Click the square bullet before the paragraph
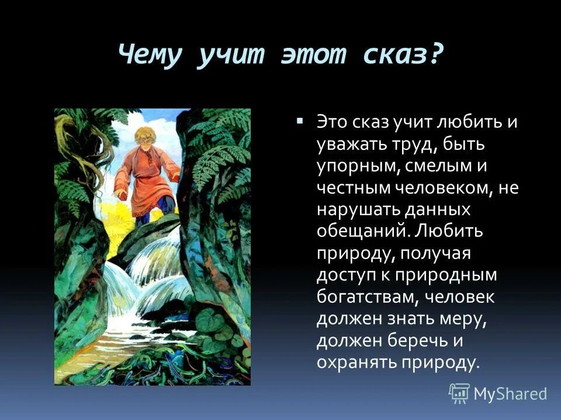click(x=300, y=121)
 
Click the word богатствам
click(x=366, y=297)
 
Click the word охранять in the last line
click(x=356, y=362)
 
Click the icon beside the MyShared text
click(x=459, y=394)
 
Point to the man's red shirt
click(x=146, y=184)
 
